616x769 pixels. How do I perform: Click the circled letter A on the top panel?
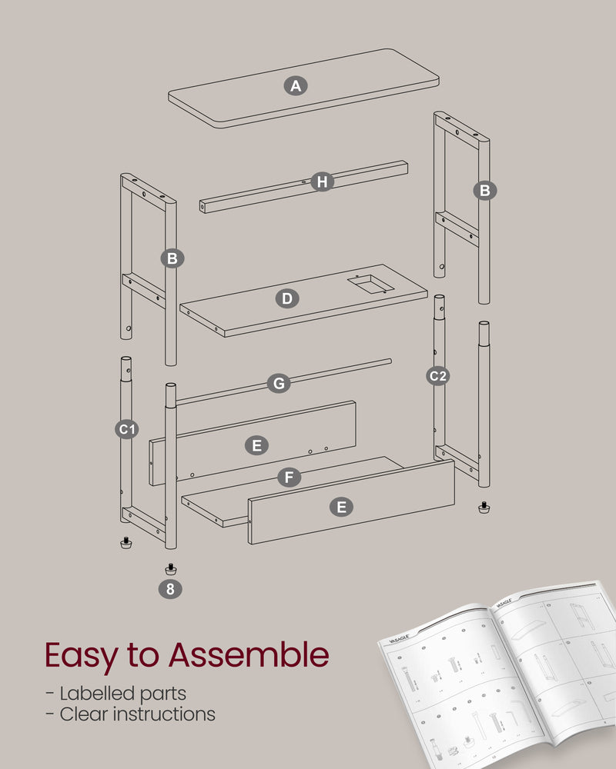click(295, 85)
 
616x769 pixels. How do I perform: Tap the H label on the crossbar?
click(322, 181)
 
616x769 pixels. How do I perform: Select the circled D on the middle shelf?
click(287, 298)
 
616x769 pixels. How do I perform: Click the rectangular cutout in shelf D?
click(367, 285)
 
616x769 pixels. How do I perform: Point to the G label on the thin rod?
click(279, 383)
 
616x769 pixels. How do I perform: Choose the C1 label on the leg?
click(128, 430)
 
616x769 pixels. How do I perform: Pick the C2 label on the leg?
click(438, 375)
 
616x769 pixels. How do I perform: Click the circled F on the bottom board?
click(288, 478)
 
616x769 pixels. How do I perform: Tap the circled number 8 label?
click(170, 589)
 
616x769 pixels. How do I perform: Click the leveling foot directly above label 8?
click(170, 569)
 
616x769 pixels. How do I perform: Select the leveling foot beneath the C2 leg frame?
click(484, 508)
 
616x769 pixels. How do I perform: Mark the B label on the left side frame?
click(172, 258)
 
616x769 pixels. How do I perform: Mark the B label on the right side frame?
click(484, 191)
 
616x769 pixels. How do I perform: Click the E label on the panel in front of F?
click(342, 507)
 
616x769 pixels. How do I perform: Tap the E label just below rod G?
click(256, 445)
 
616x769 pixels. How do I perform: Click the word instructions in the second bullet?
click(164, 714)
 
